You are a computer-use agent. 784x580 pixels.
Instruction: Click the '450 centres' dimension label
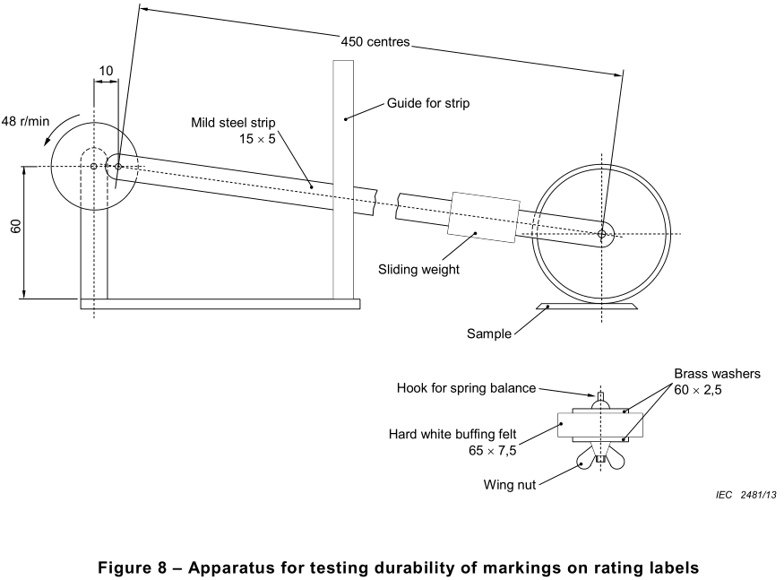pyautogui.click(x=375, y=40)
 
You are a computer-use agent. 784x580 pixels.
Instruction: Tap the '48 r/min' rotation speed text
pyautogui.click(x=25, y=120)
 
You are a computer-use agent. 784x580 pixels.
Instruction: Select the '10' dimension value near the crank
pyautogui.click(x=107, y=70)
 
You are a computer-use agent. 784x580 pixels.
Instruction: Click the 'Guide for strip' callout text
pyautogui.click(x=427, y=103)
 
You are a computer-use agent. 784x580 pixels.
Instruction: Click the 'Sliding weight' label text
pyautogui.click(x=418, y=268)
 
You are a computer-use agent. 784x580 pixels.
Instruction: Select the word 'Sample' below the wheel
pyautogui.click(x=488, y=334)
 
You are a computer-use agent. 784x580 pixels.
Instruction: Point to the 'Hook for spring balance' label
pyautogui.click(x=466, y=388)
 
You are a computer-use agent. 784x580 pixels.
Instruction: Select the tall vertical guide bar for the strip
pyautogui.click(x=342, y=179)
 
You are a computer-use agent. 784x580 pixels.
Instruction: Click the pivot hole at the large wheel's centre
pyautogui.click(x=603, y=235)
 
